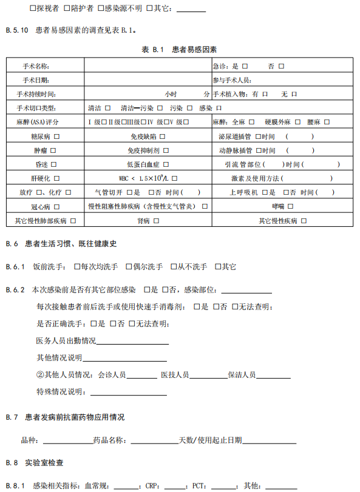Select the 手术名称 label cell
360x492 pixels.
[x=36, y=66]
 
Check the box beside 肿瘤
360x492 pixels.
[x=53, y=150]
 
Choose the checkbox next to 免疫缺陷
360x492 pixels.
[x=162, y=136]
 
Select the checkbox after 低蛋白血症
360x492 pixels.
[x=166, y=164]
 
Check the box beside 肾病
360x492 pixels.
[x=156, y=221]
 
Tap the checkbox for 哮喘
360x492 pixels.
[x=290, y=207]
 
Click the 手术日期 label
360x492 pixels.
[x=36, y=79]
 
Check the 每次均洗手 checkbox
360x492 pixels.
[x=76, y=266]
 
